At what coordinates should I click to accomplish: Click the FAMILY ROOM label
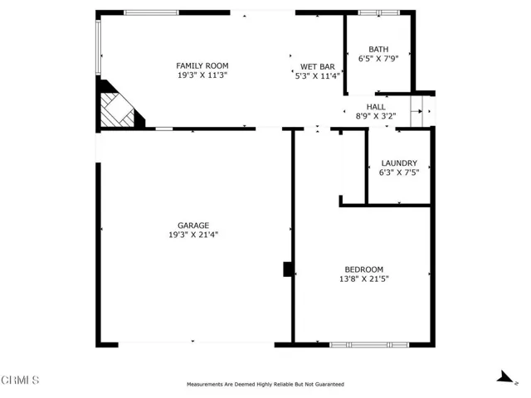202,66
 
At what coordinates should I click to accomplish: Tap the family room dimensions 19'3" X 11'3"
202,75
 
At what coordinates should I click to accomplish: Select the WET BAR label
317,66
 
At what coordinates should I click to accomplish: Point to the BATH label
378,50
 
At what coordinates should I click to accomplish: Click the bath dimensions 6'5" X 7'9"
378,59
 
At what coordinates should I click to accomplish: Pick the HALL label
376,107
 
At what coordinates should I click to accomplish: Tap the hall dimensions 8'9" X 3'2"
376,116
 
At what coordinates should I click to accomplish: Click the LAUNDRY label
399,163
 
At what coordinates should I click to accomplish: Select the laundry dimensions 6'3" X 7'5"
399,172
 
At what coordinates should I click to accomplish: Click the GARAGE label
193,226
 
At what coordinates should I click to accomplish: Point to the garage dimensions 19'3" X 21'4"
193,235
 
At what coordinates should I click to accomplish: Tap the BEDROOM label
363,269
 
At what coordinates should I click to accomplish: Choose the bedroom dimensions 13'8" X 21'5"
363,279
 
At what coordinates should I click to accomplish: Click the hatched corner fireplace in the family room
119,108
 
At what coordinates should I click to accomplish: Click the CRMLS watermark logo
20,380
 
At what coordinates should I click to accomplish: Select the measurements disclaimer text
265,384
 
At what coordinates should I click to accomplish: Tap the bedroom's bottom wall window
369,345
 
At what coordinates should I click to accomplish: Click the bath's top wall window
379,13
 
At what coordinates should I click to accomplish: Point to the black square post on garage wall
288,269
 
